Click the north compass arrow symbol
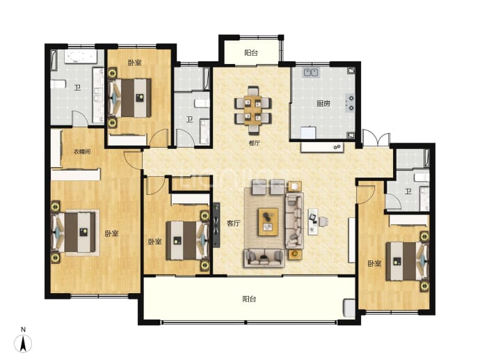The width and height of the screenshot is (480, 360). (23, 343)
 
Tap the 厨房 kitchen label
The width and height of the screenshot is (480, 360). (323, 103)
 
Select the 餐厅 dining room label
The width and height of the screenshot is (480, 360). (254, 143)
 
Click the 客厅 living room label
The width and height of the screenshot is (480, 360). (233, 224)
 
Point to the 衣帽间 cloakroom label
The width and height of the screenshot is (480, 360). (81, 151)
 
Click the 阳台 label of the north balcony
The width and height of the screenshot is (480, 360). (251, 53)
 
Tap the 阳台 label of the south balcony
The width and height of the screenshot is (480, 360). (249, 299)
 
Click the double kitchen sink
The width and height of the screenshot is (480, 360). (311, 72)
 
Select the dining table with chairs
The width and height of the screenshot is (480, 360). (253, 110)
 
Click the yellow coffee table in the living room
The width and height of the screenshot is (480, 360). (268, 222)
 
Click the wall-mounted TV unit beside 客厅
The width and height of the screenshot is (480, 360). (217, 225)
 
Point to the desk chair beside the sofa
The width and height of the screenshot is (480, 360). (323, 221)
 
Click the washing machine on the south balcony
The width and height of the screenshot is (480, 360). (349, 308)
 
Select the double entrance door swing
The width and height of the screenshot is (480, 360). (376, 139)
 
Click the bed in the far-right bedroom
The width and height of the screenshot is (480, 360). (407, 261)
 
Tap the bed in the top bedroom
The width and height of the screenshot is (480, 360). (130, 97)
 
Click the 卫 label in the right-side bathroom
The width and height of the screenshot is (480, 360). (408, 191)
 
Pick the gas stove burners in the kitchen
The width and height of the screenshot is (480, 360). (351, 103)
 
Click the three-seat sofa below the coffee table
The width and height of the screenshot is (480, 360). (264, 258)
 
